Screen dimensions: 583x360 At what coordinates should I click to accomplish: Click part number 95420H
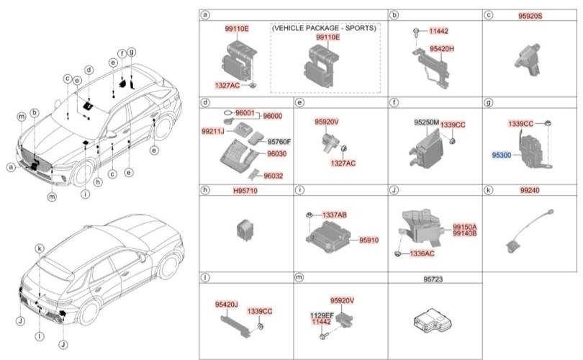[x=441, y=49]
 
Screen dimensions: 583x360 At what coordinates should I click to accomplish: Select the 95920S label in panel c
[x=530, y=16]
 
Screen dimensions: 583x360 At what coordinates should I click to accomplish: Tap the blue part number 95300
[x=501, y=155]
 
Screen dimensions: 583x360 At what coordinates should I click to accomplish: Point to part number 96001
[x=245, y=113]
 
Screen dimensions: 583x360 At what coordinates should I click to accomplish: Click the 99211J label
[x=212, y=131]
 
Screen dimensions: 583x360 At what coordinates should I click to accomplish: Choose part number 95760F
[x=279, y=141]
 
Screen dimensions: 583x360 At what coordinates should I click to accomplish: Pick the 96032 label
[x=274, y=176]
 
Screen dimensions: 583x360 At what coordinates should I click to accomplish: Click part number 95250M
[x=427, y=122]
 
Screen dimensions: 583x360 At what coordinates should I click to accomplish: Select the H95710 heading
[x=245, y=191]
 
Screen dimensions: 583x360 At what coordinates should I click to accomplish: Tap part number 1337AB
[x=334, y=215]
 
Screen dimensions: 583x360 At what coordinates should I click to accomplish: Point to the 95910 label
[x=369, y=240]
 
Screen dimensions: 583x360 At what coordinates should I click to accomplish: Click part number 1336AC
[x=422, y=253]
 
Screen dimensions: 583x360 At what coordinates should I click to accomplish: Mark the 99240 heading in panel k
[x=530, y=190]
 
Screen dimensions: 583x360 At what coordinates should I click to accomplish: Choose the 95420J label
[x=227, y=305]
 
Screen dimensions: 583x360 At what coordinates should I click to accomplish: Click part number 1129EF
[x=322, y=315]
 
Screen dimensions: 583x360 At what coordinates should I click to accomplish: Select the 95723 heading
[x=433, y=279]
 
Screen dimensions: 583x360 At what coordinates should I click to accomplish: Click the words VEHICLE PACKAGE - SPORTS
[x=324, y=28]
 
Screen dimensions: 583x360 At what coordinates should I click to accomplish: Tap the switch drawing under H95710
[x=245, y=230]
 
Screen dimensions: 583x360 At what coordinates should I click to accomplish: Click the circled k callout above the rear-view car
[x=40, y=249]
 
